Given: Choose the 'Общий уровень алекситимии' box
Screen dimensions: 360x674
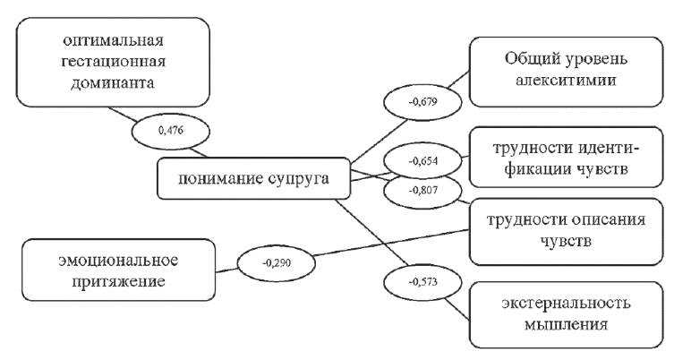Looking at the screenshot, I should click(x=563, y=69).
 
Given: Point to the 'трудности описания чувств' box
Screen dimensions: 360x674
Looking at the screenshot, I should click(x=563, y=230).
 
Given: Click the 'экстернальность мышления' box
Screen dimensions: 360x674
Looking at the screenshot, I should click(x=563, y=313).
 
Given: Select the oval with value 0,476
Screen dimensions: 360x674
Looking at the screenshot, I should click(x=170, y=131).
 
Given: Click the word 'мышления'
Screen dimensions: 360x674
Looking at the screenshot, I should click(x=563, y=324).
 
